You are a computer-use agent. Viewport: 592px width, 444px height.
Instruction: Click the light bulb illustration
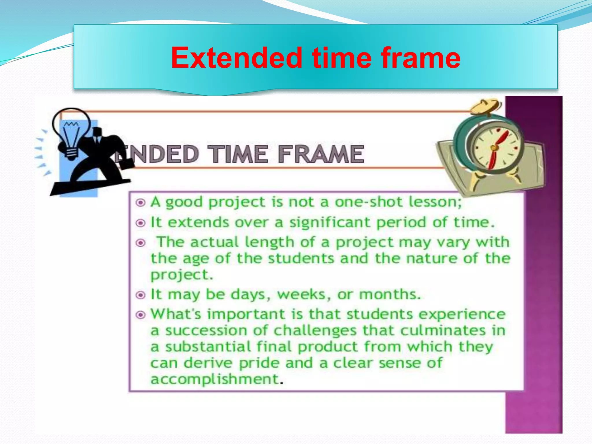click(x=71, y=133)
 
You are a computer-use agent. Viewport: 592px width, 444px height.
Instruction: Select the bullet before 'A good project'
click(x=140, y=203)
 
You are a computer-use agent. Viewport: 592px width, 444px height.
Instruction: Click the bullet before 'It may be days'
click(x=140, y=295)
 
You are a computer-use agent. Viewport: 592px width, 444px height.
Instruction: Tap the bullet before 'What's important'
click(x=140, y=314)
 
